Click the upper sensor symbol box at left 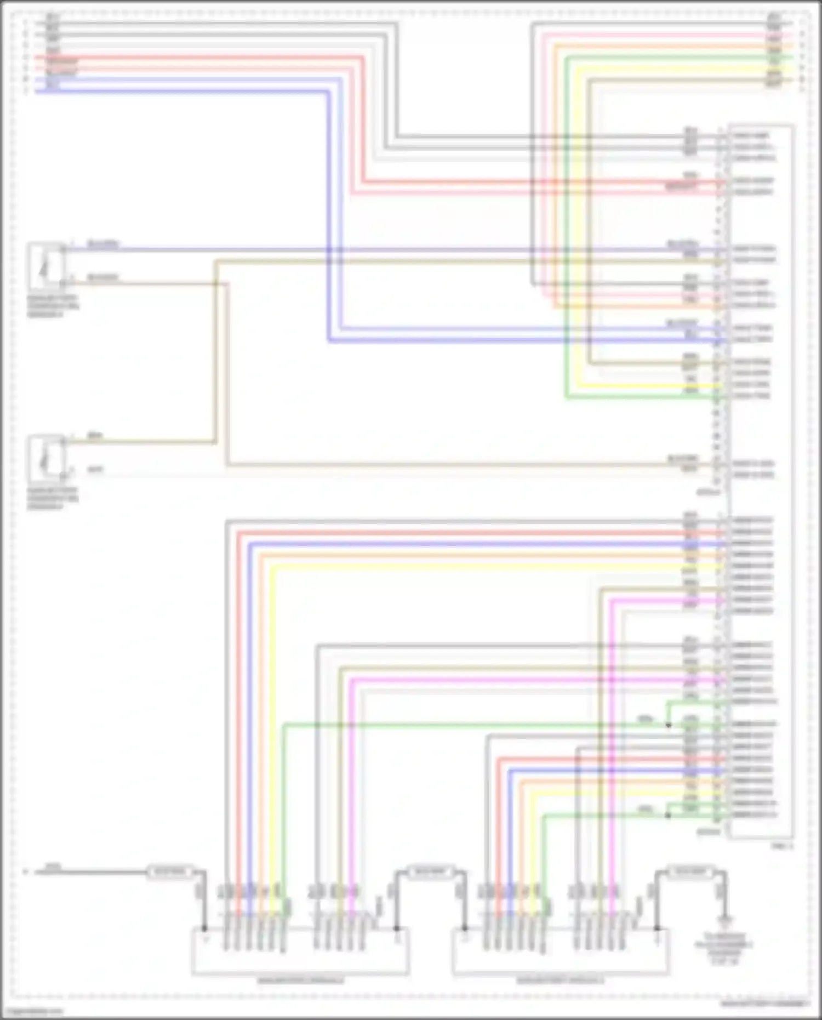(x=46, y=266)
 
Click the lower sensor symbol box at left (x=46, y=458)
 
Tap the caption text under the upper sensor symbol (x=53, y=306)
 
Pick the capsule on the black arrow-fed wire (x=170, y=871)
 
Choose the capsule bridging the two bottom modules (x=431, y=871)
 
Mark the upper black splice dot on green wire (x=669, y=725)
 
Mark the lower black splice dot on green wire (x=668, y=815)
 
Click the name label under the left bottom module (x=300, y=980)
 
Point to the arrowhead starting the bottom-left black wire (x=26, y=871)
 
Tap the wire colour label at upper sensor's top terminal (x=102, y=244)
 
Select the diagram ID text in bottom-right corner (x=765, y=1004)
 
